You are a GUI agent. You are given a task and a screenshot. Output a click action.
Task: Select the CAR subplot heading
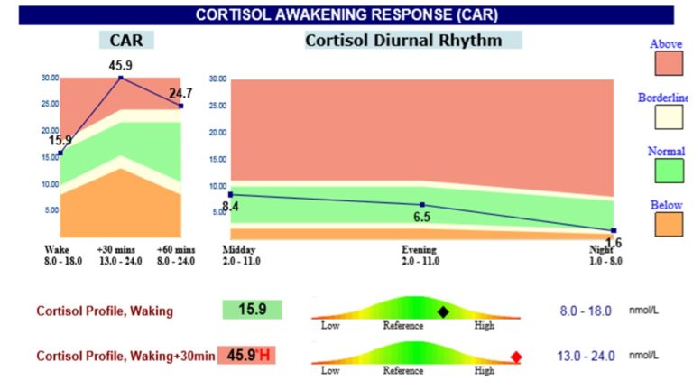click(126, 41)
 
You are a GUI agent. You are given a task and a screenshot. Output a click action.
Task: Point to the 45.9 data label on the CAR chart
click(122, 66)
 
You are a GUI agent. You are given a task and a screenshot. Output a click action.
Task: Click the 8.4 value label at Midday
click(231, 208)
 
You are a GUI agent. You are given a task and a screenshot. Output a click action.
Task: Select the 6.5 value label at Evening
click(421, 218)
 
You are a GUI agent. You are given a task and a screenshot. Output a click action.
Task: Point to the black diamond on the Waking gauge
click(443, 311)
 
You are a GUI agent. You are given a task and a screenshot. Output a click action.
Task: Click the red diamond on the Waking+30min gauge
click(516, 357)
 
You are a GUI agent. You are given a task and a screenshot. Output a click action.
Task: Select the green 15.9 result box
click(252, 310)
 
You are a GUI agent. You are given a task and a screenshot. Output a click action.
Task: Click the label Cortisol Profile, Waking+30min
click(125, 356)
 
